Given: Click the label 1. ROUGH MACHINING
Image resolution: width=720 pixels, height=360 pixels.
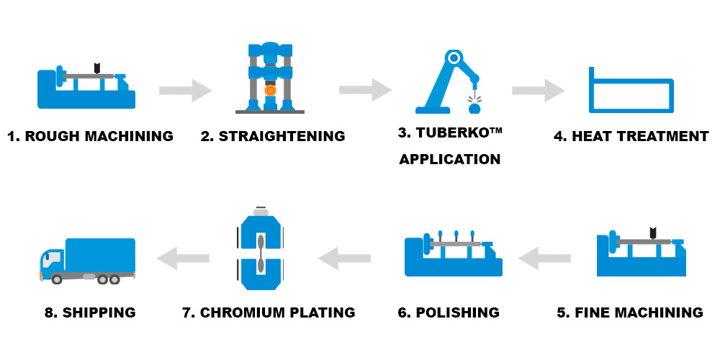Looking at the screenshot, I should point(90,136).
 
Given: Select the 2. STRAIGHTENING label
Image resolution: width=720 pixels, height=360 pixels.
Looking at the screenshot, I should point(273,136).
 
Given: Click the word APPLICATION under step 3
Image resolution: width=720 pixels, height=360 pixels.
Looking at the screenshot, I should point(450,159).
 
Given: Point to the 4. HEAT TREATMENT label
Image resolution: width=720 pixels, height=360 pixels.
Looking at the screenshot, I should point(631,136).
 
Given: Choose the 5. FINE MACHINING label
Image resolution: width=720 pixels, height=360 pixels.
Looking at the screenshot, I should point(630,312).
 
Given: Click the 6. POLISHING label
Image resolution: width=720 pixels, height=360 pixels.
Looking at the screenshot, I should point(449,312).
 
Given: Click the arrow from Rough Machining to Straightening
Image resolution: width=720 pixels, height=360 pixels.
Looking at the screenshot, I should point(186,91).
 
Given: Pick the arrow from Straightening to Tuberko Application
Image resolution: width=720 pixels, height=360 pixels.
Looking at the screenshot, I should point(366,91).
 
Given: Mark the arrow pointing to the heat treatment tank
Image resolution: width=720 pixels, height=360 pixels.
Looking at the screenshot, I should point(539,91).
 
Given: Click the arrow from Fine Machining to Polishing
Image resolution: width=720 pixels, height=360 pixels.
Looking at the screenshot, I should point(545,258).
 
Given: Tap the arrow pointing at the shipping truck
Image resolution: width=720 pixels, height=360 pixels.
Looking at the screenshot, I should point(183,258).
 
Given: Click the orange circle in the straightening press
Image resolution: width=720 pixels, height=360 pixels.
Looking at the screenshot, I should point(270,91).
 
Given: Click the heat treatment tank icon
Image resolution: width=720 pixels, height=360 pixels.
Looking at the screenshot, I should point(630,92).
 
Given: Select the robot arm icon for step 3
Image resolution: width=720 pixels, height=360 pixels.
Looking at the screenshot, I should point(450,83).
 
